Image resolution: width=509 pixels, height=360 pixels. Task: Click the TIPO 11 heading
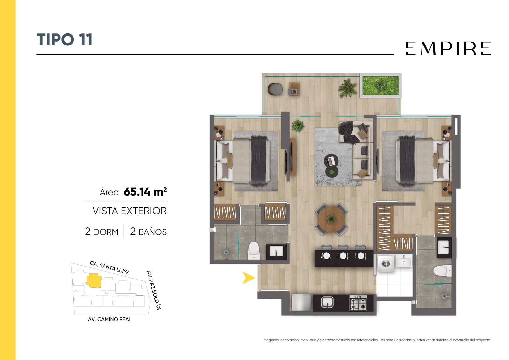coord(64,39)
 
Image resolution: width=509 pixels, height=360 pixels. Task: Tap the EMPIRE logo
coord(448,48)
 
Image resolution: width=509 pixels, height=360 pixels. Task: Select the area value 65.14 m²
coord(145,192)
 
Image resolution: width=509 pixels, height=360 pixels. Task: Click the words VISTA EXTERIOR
coord(129,211)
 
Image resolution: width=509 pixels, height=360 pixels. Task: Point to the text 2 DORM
coord(101,232)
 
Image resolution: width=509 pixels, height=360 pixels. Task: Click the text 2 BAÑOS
coord(148,232)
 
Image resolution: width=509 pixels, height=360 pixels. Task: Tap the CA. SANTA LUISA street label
coord(110,267)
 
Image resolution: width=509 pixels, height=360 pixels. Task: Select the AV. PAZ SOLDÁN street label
coord(154,290)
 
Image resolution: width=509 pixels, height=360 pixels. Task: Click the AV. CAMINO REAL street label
coord(109,319)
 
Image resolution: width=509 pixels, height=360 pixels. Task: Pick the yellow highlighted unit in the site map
coord(94,280)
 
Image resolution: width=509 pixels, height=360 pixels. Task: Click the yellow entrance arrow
coord(248,278)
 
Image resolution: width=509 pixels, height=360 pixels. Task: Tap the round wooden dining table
coord(331,219)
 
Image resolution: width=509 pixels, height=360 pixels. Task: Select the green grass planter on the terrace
coord(380,86)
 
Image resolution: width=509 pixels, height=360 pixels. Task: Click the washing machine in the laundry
coord(386,263)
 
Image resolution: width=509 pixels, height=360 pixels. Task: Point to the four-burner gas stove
coord(358,303)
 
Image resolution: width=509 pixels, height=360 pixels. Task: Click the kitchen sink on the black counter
coord(327,302)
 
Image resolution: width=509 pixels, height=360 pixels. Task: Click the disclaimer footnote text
coord(377,340)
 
